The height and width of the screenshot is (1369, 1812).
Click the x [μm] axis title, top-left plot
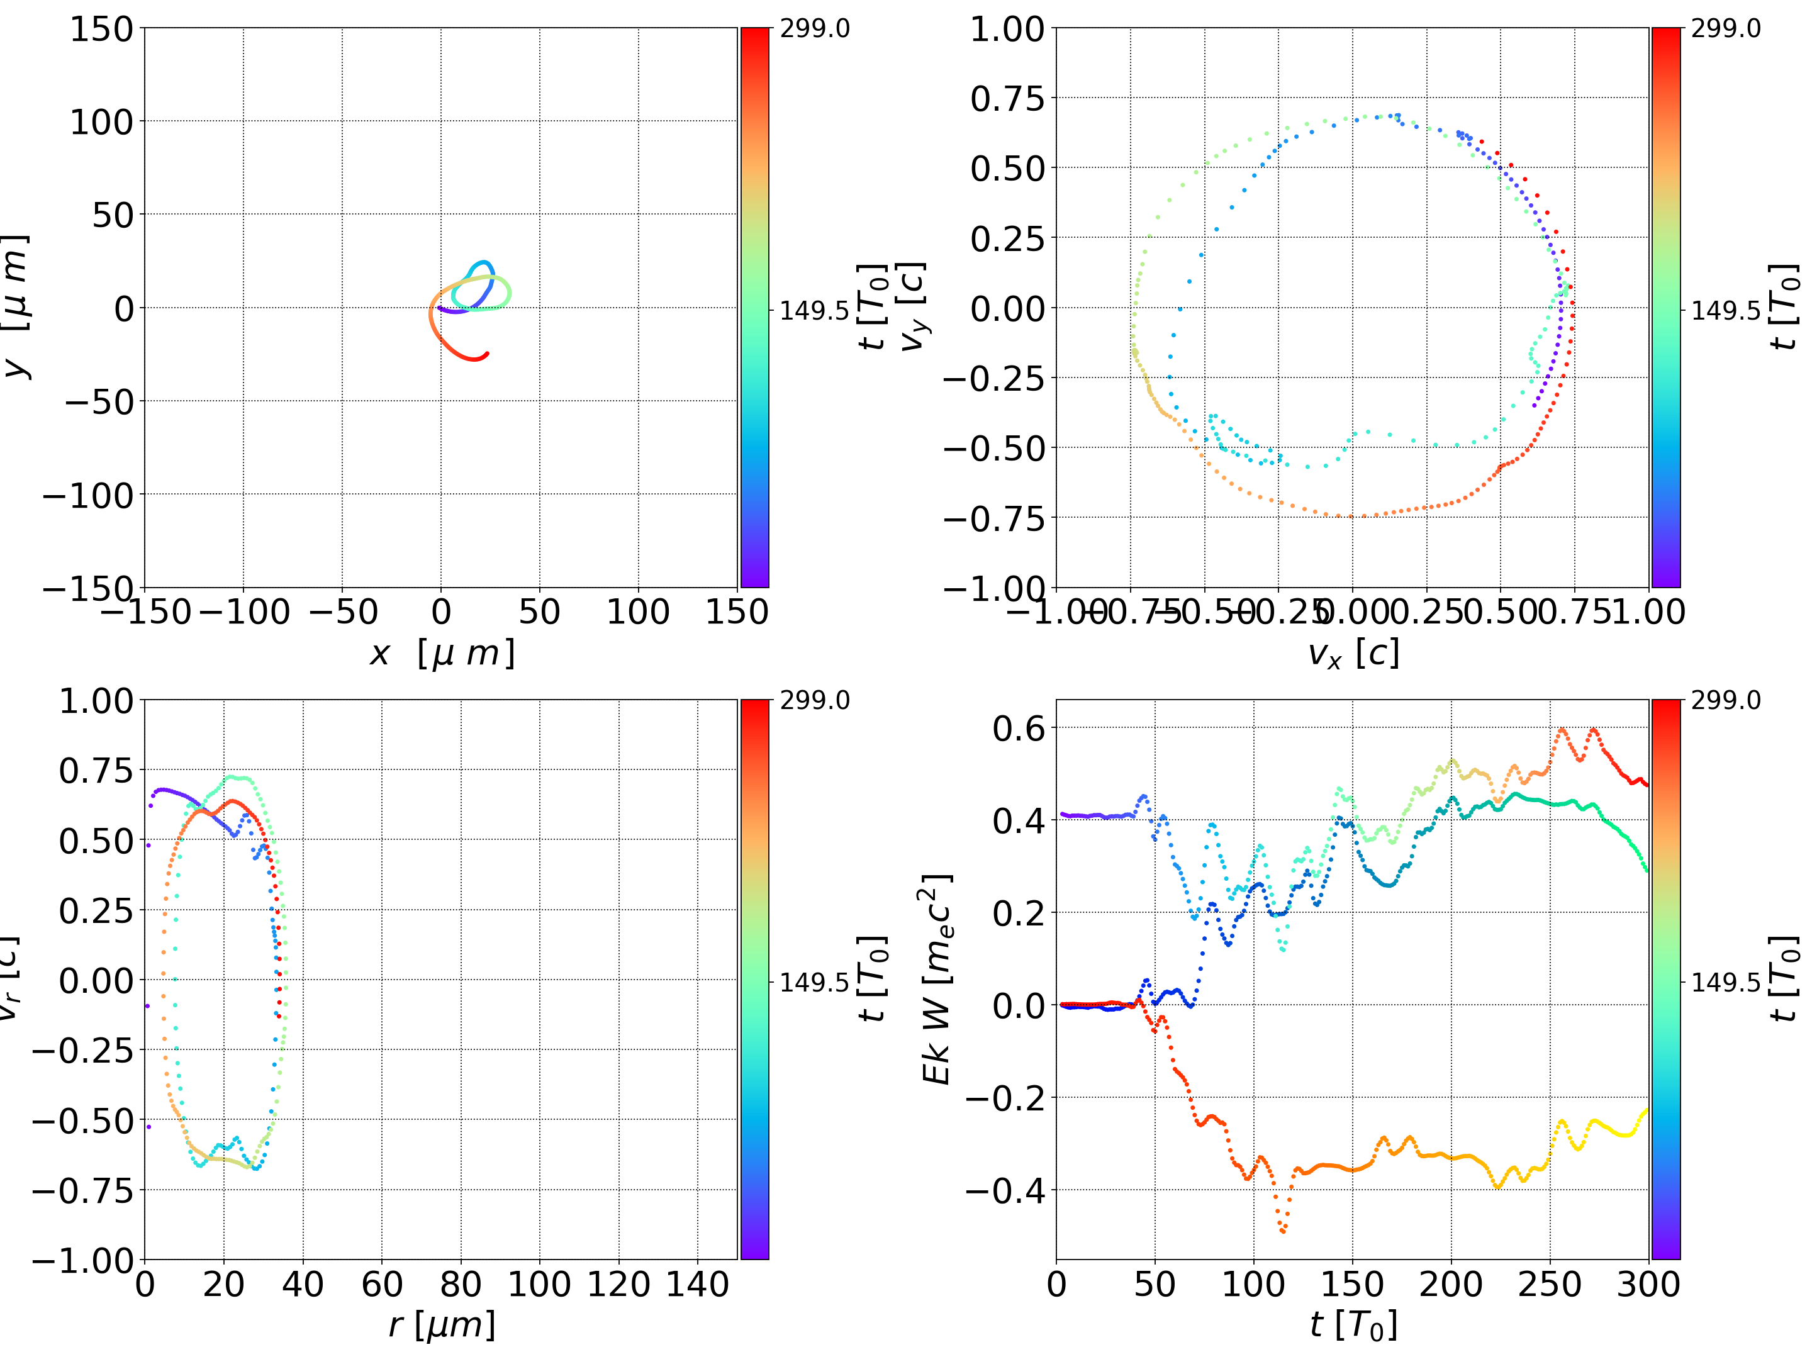442,654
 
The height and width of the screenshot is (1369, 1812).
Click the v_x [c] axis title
1353,654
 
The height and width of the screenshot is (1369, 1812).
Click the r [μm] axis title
442,1325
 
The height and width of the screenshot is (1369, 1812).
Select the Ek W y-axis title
936,979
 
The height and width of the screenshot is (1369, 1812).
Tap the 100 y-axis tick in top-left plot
101,122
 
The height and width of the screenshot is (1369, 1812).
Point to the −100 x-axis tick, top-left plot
244,612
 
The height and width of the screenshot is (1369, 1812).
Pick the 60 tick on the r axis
382,1284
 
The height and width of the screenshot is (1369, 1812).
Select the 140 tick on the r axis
697,1284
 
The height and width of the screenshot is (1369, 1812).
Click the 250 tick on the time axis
1549,1284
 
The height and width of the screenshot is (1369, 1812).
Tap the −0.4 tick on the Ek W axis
1007,1190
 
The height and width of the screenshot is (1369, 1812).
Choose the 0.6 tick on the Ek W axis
1019,727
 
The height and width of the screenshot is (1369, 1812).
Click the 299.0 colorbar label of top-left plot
814,29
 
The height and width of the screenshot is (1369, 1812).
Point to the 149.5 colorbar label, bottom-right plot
1725,982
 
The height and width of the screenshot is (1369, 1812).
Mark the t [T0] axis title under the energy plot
1353,1325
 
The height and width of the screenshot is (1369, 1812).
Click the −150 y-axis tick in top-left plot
87,588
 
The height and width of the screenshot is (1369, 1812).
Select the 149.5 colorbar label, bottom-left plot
814,982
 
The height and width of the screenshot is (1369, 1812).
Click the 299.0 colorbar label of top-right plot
1725,29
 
